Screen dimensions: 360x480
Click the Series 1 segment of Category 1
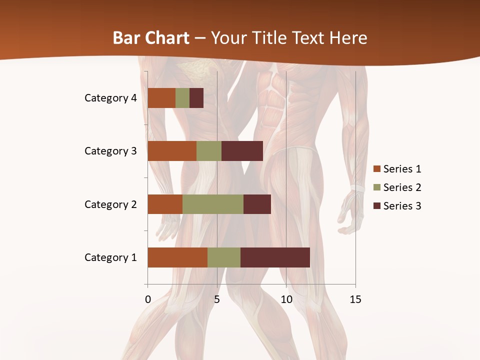click(177, 257)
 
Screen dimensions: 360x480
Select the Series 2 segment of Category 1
click(224, 257)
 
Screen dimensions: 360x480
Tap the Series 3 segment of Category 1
click(275, 257)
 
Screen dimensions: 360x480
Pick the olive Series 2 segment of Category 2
click(213, 204)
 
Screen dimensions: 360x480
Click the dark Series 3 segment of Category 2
click(257, 204)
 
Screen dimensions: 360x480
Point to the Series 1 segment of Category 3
click(172, 151)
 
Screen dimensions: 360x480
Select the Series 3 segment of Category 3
click(242, 151)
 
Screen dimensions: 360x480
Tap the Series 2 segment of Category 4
click(182, 98)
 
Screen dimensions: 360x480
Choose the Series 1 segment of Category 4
click(161, 98)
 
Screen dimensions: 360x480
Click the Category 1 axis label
click(110, 257)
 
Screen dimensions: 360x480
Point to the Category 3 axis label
click(110, 151)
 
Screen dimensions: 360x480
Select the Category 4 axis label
click(110, 98)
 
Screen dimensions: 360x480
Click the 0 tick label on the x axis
click(148, 299)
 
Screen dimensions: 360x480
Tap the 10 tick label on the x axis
click(286, 299)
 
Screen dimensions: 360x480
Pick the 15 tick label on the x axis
click(355, 299)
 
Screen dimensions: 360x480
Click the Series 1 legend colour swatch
click(376, 169)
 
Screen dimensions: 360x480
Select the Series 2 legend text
click(402, 187)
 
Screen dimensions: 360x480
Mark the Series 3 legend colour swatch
click(376, 206)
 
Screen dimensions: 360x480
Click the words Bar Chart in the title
click(151, 37)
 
